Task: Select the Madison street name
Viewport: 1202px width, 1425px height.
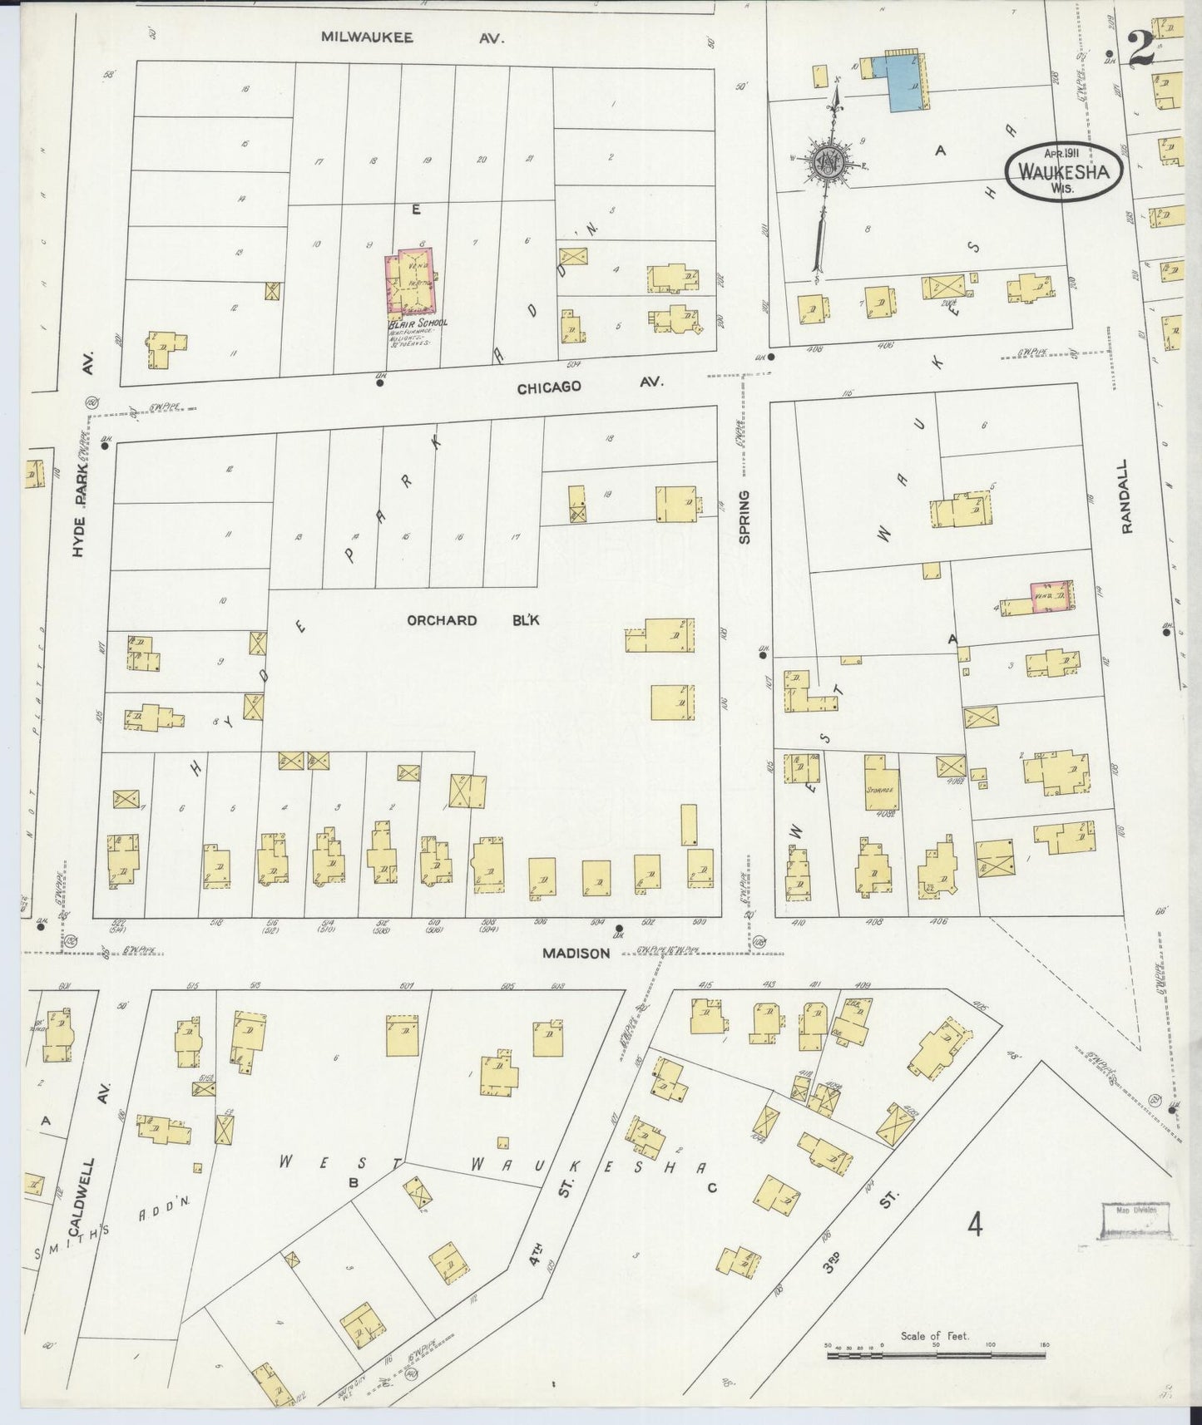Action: coord(576,954)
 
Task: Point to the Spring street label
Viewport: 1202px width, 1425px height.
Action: coord(744,517)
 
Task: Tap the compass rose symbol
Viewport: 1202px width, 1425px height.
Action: coord(829,160)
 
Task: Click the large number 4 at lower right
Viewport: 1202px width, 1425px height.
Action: coord(975,1225)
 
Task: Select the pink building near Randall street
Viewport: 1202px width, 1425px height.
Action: coord(1051,596)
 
